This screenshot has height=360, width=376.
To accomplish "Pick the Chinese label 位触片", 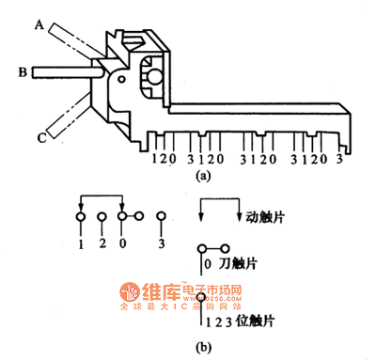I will tap(255, 321).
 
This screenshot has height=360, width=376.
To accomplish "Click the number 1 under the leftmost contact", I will tap(81, 243).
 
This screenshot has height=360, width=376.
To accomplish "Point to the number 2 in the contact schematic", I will tap(102, 243).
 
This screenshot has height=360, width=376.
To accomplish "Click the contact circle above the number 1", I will tap(81, 218).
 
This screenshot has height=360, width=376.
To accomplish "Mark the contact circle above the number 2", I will tap(102, 218).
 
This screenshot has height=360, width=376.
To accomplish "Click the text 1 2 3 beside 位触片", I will tap(215, 321).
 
